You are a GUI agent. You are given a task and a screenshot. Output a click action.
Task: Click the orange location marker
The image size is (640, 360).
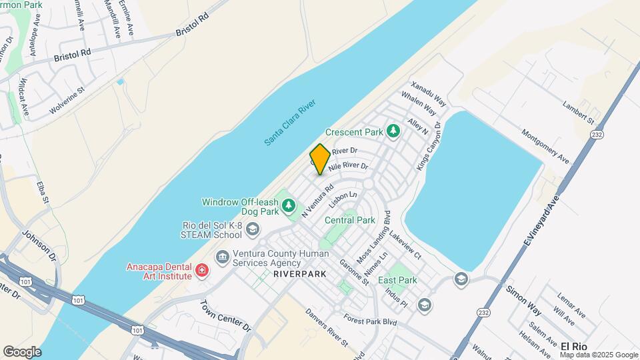[320, 159]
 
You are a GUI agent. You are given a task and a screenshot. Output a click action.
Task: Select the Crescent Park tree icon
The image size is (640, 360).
[393, 131]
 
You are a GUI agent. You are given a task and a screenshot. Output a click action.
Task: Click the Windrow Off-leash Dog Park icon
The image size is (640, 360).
[289, 205]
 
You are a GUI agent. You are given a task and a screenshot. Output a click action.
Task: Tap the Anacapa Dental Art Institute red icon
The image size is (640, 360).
[201, 271]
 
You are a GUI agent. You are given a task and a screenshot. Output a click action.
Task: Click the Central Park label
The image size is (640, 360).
[350, 220]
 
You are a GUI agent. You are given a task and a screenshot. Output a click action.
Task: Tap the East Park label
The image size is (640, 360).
[397, 280]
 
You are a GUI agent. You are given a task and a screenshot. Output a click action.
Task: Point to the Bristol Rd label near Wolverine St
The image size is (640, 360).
[72, 53]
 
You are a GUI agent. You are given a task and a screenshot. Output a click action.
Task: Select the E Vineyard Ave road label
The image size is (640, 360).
[542, 219]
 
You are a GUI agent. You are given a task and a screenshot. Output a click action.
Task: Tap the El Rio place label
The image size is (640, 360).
[573, 347]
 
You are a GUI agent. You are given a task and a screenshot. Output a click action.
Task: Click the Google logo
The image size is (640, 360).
[22, 351]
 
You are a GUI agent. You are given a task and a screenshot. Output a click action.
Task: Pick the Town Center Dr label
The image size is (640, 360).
[225, 316]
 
